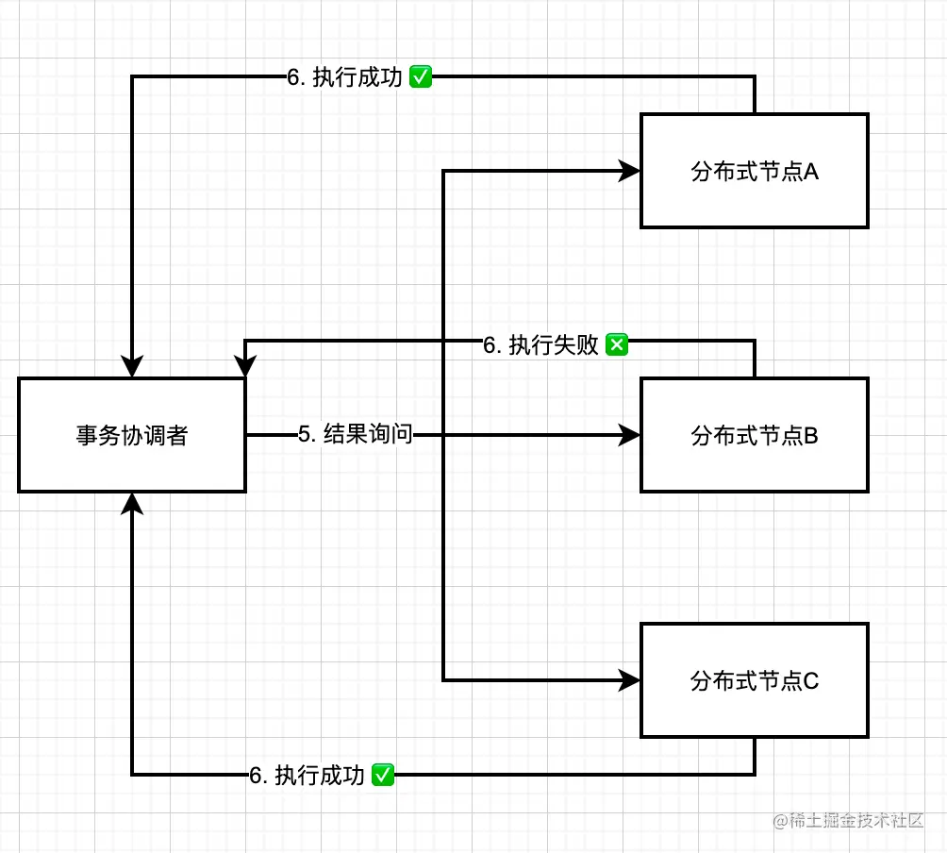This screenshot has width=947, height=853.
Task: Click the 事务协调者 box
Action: click(x=132, y=435)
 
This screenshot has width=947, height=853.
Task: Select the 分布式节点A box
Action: click(x=754, y=171)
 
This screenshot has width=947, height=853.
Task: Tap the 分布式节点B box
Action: click(x=754, y=435)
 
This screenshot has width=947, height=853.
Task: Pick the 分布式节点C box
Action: click(x=754, y=680)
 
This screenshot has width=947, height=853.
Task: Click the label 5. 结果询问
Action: click(x=356, y=435)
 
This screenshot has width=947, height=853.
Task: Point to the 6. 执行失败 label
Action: click(x=540, y=345)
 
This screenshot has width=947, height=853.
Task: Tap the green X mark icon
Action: click(x=616, y=345)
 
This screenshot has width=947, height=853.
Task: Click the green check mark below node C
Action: click(x=383, y=776)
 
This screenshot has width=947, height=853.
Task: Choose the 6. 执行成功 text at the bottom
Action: click(x=307, y=776)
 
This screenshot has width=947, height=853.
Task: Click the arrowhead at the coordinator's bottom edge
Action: click(x=132, y=503)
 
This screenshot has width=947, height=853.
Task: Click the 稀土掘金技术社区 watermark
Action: click(x=847, y=821)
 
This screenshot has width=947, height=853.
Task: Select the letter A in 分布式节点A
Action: click(x=810, y=172)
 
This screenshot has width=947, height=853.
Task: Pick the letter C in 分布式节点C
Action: click(x=811, y=681)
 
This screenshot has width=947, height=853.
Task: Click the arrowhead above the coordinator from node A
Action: click(x=132, y=367)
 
